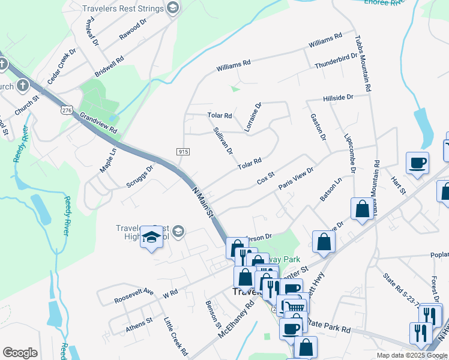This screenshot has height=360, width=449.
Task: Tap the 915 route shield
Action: coord(184,152)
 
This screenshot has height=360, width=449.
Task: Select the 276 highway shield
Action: coord(66,110)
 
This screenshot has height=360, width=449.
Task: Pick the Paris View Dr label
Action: coord(296,179)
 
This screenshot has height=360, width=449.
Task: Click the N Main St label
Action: coord(203,201)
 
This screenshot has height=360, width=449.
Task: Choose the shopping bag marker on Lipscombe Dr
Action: coord(363,210)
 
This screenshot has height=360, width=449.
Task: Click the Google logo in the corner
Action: coord(20,353)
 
